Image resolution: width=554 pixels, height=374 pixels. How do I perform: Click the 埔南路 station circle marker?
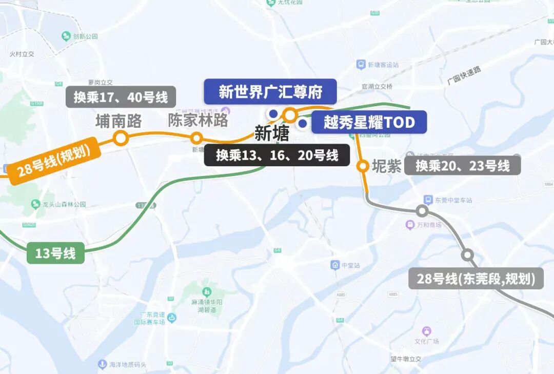pyautogui.click(x=121, y=138)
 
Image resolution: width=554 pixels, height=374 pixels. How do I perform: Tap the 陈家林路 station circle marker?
pyautogui.click(x=196, y=138)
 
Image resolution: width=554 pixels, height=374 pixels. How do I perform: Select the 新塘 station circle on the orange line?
pyautogui.click(x=291, y=114)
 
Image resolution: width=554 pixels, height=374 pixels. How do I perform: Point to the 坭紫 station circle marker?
pyautogui.click(x=363, y=166)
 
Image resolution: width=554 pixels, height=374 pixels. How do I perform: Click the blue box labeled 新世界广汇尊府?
pyautogui.click(x=270, y=92)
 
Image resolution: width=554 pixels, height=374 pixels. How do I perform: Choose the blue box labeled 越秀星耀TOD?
pyautogui.click(x=369, y=123)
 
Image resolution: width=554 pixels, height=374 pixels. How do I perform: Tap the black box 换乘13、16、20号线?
pyautogui.click(x=277, y=155)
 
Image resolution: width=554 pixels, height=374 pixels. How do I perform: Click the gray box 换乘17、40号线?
pyautogui.click(x=121, y=97)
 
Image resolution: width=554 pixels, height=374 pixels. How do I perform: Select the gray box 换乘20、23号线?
pyautogui.click(x=462, y=166)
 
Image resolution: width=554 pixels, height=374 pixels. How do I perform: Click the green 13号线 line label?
pyautogui.click(x=55, y=253)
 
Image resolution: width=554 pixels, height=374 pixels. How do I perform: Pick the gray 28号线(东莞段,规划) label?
pyautogui.click(x=476, y=279)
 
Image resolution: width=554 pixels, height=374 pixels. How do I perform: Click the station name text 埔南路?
pyautogui.click(x=118, y=121)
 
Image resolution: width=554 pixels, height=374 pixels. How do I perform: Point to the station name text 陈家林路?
pyautogui.click(x=198, y=121)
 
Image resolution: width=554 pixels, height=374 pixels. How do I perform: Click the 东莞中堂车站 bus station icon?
pyautogui.click(x=427, y=200)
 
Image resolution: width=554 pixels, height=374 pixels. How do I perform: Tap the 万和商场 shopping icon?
pyautogui.click(x=410, y=225)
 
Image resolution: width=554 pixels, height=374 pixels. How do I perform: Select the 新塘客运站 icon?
pyautogui.click(x=361, y=65)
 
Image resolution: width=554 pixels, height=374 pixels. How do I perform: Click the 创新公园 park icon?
pyautogui.click(x=66, y=36)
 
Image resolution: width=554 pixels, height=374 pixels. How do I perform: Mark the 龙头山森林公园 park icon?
pyautogui.click(x=35, y=204)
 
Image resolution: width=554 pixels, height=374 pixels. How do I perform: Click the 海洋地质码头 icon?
pyautogui.click(x=102, y=364)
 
